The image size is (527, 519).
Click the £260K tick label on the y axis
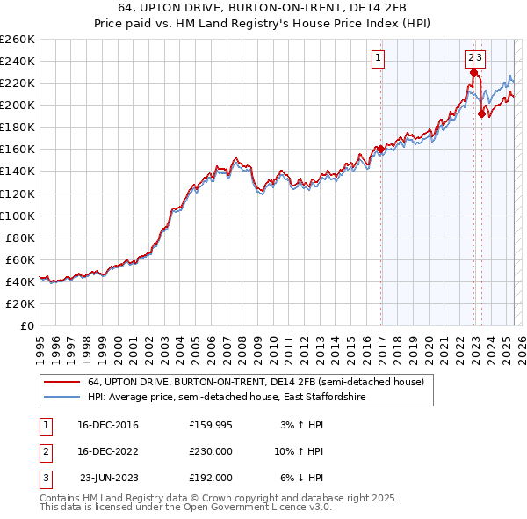18,39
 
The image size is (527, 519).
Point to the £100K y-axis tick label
18,216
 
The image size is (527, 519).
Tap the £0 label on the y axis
26,325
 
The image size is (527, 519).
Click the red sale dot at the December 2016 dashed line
380,149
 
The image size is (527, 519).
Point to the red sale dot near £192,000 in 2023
481,113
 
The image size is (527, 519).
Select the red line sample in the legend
61,382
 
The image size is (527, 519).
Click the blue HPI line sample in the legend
61,398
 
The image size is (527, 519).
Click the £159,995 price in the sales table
211,426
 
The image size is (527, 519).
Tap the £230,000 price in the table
211,451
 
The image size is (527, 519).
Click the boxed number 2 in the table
45,451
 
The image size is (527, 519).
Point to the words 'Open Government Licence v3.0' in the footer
256,508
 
